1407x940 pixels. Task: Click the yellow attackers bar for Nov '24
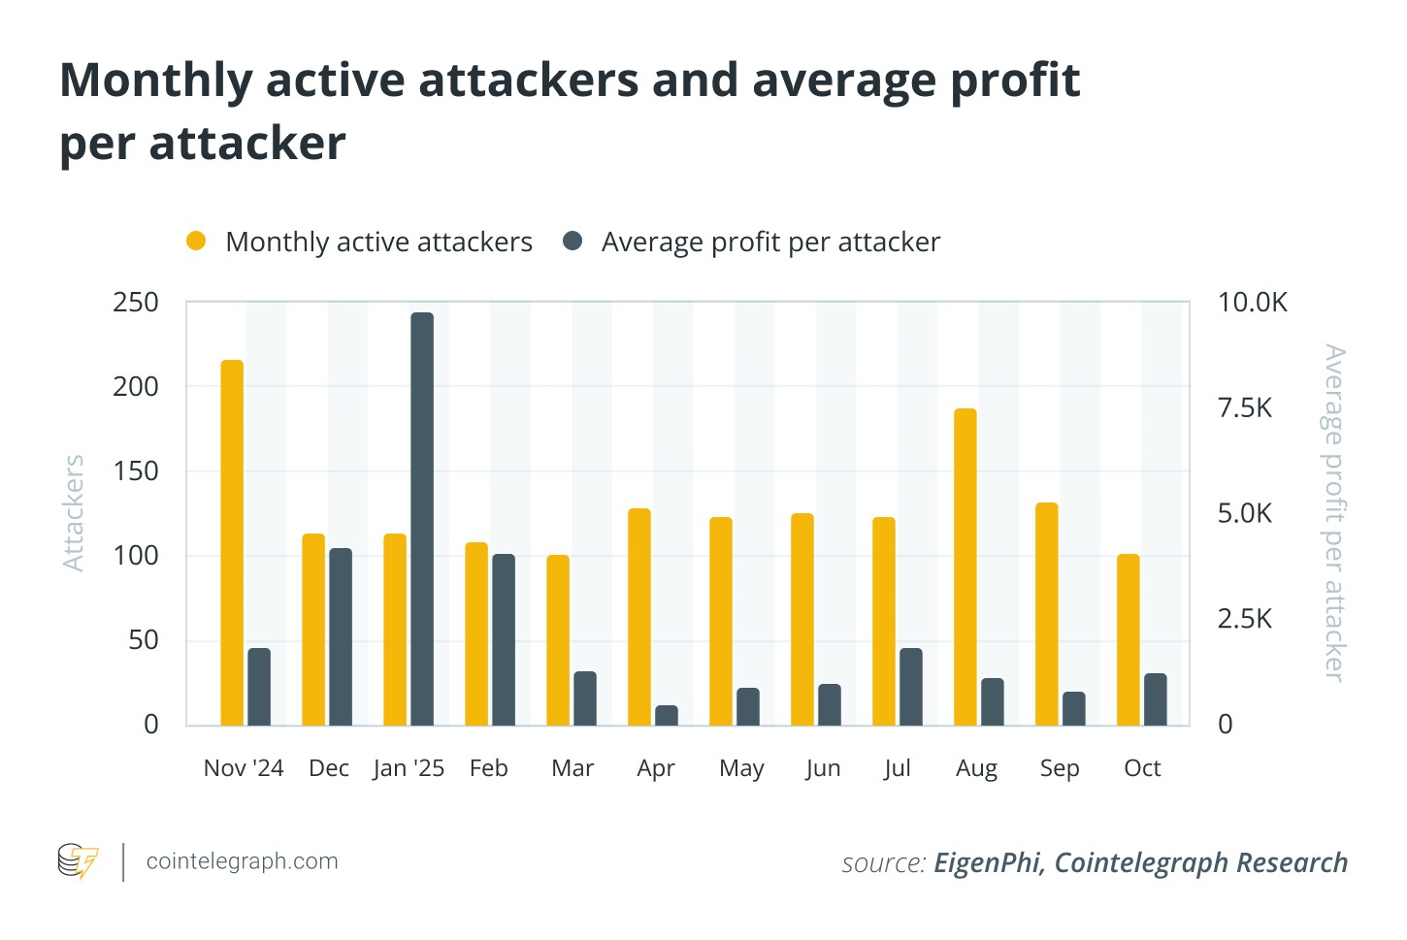tap(232, 543)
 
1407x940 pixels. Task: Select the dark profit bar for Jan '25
tap(422, 519)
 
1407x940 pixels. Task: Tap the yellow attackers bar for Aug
tap(965, 567)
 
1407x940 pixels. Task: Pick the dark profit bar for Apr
tap(667, 716)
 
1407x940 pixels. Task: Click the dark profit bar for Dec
tap(341, 637)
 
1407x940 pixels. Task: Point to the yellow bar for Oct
tap(1129, 640)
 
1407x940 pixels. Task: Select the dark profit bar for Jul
tap(911, 687)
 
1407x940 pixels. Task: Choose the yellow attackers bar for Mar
tap(558, 640)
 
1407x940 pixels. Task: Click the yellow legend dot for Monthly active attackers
tap(196, 242)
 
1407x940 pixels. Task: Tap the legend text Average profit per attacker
tap(770, 242)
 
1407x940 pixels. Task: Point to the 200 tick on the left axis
tap(136, 386)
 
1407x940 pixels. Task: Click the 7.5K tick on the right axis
tap(1244, 407)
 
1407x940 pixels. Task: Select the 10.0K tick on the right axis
tap(1252, 303)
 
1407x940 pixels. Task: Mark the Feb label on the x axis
tap(488, 768)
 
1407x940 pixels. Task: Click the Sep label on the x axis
tap(1060, 768)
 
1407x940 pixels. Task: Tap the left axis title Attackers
tap(74, 513)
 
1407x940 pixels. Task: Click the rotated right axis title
tap(1335, 513)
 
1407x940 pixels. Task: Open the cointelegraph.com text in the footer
tap(242, 861)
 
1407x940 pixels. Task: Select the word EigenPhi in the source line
tap(989, 862)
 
